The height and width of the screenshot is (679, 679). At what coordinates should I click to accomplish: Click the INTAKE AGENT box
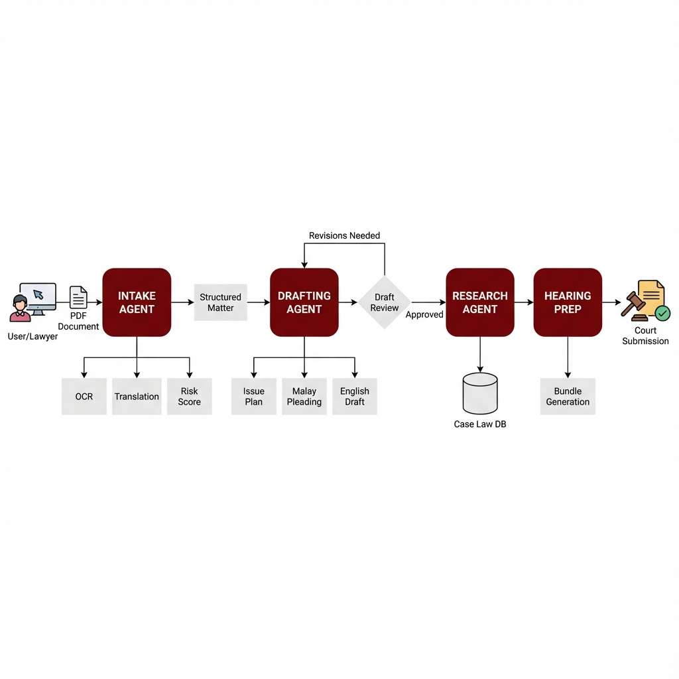coord(137,302)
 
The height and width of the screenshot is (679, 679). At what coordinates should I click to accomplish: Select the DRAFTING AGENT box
coord(304,302)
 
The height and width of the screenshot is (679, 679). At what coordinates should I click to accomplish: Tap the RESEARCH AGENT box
coord(480,302)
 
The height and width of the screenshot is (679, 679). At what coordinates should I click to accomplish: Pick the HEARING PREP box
coord(568,302)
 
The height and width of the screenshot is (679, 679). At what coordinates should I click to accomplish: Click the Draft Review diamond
coord(384,302)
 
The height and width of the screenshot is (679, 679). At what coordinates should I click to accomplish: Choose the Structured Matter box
coord(220,302)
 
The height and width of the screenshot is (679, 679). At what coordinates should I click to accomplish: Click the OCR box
coord(84,397)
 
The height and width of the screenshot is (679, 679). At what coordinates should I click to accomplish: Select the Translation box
coord(137,397)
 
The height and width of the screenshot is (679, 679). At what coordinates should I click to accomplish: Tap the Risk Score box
coord(189,397)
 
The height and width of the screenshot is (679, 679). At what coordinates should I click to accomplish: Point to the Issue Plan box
coord(254,397)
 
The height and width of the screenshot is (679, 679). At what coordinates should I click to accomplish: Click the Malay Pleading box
coord(304,397)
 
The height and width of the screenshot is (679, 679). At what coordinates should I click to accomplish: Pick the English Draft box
coord(355,397)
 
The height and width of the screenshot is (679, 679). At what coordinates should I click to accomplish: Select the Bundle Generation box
coord(568,397)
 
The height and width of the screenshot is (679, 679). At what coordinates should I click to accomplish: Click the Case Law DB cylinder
coord(480,393)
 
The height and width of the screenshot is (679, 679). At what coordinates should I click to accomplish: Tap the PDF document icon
coord(78,297)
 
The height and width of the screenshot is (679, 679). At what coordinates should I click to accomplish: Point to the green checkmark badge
coord(662,313)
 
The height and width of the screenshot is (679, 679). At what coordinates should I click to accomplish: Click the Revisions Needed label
coord(344,235)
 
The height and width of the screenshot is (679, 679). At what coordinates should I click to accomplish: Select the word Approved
coord(424,315)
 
